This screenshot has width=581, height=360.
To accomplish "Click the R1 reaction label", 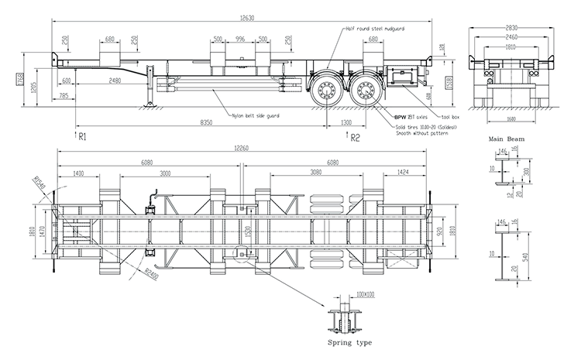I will pyautogui.click(x=83, y=138).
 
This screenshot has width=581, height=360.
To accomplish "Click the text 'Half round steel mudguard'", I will pyautogui.click(x=376, y=28).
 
